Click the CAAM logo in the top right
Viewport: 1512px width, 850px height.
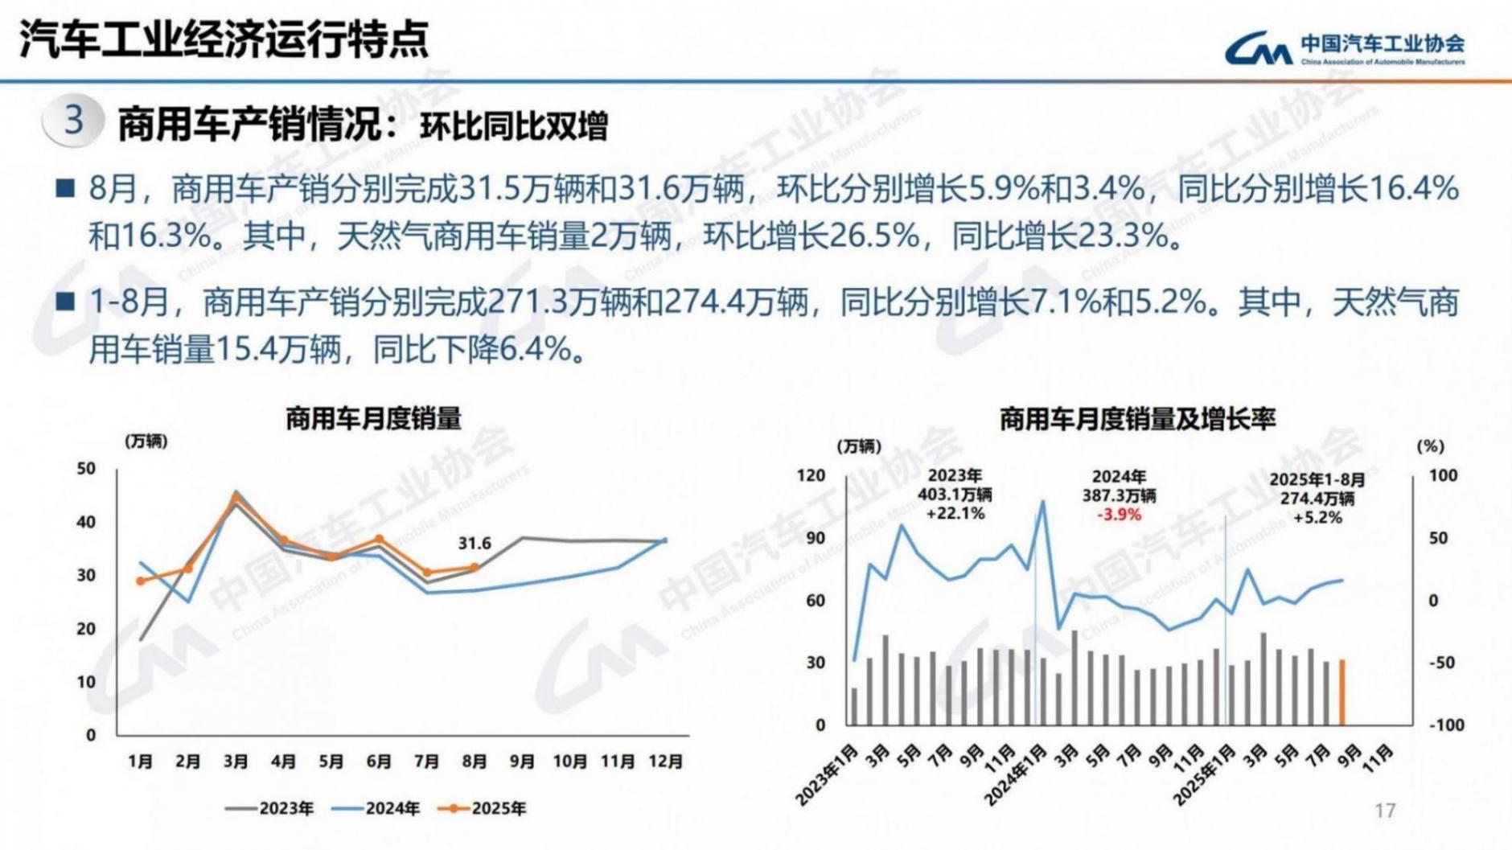click(1344, 48)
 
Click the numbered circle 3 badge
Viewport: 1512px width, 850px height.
click(73, 121)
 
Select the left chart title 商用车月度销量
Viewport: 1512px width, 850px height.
click(373, 419)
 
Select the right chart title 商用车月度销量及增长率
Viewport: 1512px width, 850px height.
click(1137, 419)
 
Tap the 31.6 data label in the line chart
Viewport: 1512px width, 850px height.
click(475, 544)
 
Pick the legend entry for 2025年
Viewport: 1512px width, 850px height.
click(483, 808)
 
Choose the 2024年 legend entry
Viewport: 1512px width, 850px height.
click(376, 808)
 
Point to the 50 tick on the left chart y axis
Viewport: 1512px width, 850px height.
click(86, 468)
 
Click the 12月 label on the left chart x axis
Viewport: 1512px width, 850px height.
click(665, 761)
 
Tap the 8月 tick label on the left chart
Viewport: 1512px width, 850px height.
click(475, 761)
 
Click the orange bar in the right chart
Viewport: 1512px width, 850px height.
click(1341, 692)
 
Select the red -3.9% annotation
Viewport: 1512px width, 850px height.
click(1119, 515)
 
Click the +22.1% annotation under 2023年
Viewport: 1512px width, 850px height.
click(955, 513)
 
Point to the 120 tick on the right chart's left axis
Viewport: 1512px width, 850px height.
click(811, 475)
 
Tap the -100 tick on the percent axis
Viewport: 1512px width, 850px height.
click(1445, 725)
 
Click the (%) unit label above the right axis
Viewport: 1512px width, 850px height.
click(1430, 446)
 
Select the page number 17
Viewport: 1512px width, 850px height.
click(1385, 811)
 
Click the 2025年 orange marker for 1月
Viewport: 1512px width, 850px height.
click(141, 581)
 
